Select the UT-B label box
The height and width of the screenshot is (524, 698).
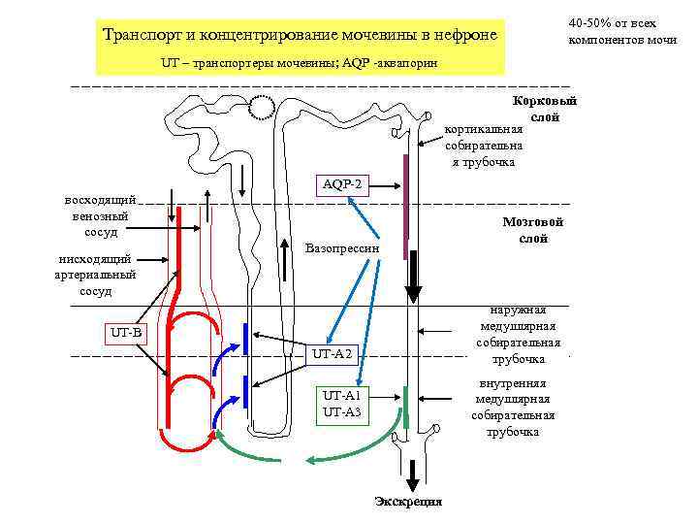(x=126, y=334)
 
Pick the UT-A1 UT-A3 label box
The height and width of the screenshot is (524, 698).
(x=341, y=405)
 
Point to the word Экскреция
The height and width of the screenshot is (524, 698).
(x=408, y=501)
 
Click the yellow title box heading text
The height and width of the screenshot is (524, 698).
(x=300, y=36)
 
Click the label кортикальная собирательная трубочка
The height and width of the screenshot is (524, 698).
(x=484, y=145)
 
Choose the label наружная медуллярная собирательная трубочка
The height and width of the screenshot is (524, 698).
(x=518, y=334)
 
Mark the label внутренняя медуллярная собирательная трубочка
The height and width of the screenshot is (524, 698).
(x=513, y=407)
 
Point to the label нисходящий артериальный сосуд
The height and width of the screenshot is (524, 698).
(x=96, y=275)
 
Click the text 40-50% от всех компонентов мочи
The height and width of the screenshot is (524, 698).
(x=621, y=32)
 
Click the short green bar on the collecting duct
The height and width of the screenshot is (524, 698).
(x=406, y=400)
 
